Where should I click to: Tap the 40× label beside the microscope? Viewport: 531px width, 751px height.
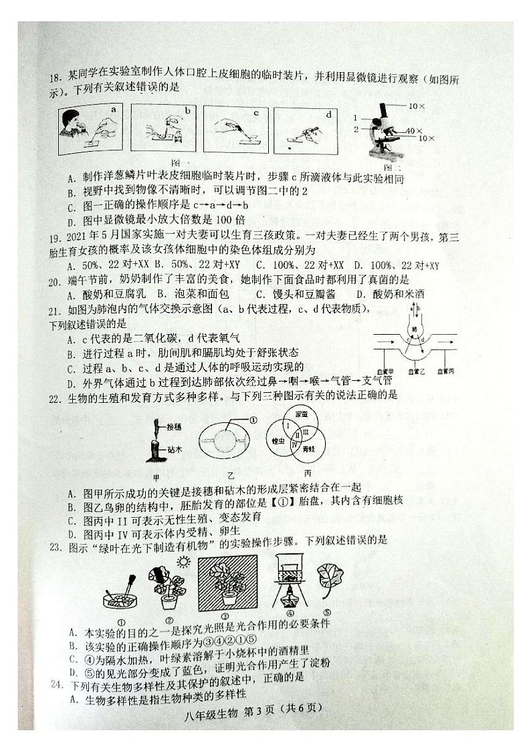coord(414,130)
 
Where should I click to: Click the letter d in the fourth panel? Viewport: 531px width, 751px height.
coord(329,114)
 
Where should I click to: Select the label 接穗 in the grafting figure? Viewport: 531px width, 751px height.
coord(177,426)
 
